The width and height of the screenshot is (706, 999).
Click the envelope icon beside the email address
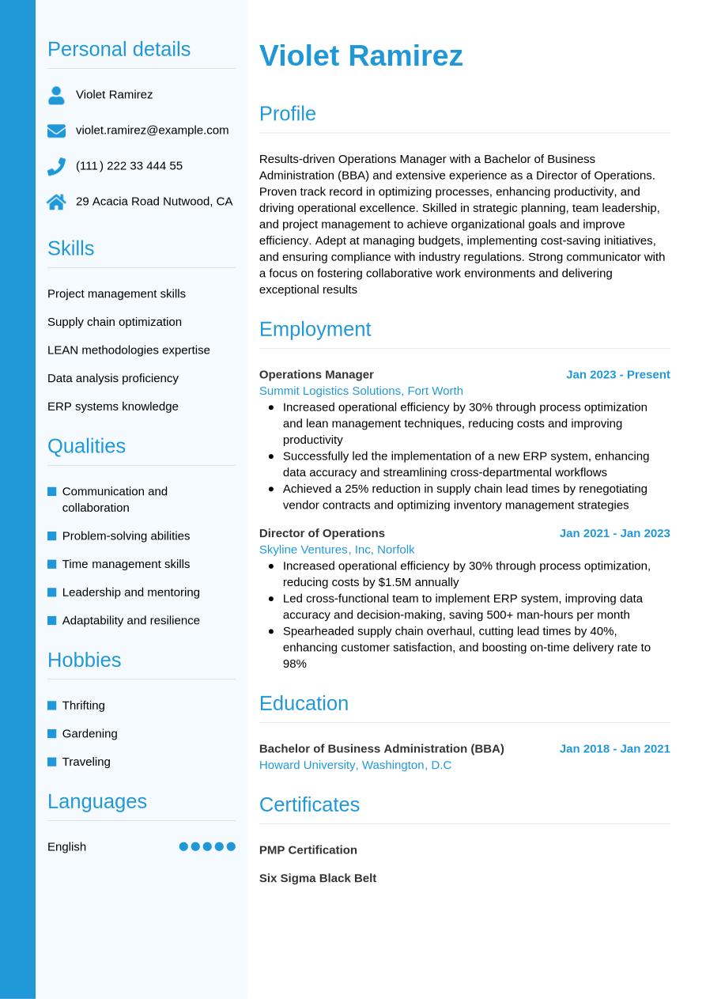tap(56, 131)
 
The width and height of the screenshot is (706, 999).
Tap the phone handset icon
tap(56, 166)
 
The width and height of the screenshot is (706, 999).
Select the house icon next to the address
tap(56, 202)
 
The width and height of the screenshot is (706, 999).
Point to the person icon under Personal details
tap(56, 95)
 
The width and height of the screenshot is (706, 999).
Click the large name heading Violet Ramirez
tap(361, 56)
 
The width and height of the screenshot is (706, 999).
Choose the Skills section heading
tap(70, 248)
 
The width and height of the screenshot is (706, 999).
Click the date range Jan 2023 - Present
tap(617, 374)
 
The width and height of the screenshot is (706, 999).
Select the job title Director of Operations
tap(322, 533)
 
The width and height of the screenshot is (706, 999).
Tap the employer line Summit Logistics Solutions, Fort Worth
tap(361, 391)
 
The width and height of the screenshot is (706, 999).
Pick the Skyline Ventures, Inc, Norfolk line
tap(337, 550)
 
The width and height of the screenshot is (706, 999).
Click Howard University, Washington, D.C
tap(355, 765)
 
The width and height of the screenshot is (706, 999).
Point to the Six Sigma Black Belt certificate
tap(317, 878)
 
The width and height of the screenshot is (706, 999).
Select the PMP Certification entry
tap(308, 850)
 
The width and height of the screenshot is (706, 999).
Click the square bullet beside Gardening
tap(52, 734)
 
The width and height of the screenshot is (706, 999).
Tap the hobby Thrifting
tap(83, 706)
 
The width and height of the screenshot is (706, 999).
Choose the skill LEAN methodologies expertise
tap(128, 350)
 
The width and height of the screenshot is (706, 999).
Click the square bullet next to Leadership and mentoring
tap(52, 592)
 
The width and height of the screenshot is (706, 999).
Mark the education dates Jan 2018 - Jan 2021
tap(614, 748)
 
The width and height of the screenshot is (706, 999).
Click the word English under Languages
tap(66, 846)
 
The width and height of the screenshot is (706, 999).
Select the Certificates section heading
tap(309, 804)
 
